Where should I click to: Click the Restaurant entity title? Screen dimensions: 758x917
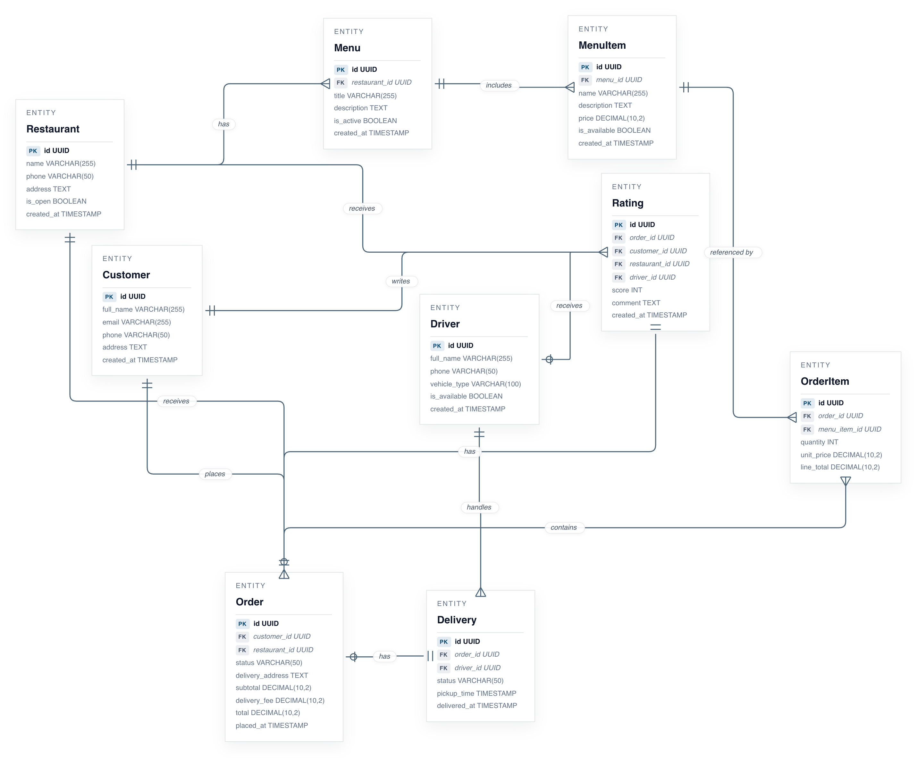tap(53, 129)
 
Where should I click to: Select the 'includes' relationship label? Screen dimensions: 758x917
tap(498, 85)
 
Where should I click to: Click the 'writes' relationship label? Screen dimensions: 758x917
tap(400, 281)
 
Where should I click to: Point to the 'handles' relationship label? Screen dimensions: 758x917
tap(479, 507)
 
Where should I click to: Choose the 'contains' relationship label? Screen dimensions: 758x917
tap(563, 527)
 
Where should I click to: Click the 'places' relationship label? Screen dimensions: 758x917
tap(215, 474)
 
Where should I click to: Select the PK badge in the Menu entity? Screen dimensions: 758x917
tap(340, 70)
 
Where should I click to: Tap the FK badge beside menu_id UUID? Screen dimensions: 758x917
tap(585, 80)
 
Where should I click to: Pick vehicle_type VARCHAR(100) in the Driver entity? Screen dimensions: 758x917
tap(475, 384)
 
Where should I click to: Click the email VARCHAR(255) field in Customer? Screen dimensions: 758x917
tap(136, 322)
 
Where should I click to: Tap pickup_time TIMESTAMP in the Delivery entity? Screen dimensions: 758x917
tap(476, 693)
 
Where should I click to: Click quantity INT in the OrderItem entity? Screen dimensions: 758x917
tap(819, 442)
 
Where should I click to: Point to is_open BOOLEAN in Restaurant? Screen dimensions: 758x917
tap(56, 201)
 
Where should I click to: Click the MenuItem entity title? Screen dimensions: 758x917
tap(602, 46)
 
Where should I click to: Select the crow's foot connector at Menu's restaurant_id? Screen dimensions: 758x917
tap(325, 84)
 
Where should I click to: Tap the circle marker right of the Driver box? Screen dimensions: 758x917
tap(549, 360)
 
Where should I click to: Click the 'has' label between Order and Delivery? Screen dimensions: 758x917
tap(384, 656)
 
